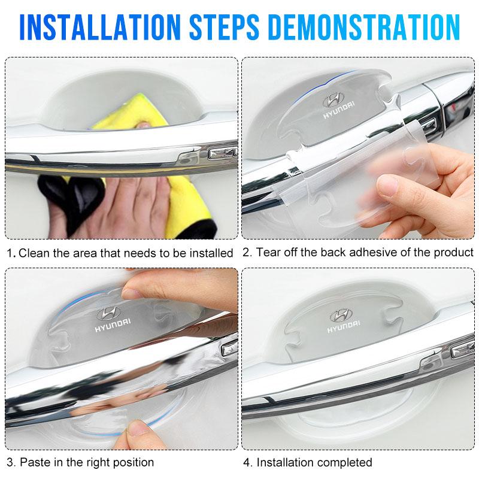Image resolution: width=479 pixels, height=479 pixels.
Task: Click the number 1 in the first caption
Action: pos(9,253)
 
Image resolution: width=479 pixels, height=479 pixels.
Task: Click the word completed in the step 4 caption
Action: pos(344,462)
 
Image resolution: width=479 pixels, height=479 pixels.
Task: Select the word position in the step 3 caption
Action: pos(132,462)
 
